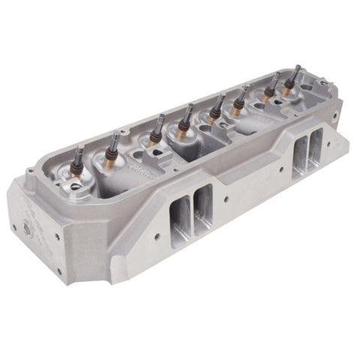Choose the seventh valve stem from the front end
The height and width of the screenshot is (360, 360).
(275, 77)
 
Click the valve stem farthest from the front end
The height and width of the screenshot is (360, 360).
(296, 70)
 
